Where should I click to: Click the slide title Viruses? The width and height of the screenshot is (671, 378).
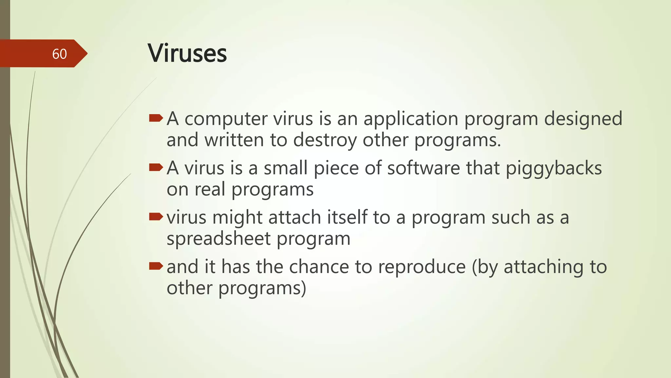187,53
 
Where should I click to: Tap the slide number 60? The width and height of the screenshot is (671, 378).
59,54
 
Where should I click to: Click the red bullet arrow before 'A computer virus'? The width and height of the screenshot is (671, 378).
156,118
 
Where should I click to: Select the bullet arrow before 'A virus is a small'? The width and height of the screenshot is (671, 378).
156,168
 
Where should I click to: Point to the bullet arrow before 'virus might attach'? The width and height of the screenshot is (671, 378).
156,217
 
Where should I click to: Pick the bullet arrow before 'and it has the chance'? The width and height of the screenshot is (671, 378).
156,266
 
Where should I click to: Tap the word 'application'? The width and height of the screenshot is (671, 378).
411,119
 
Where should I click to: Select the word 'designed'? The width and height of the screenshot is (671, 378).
583,119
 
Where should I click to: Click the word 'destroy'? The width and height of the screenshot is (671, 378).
324,140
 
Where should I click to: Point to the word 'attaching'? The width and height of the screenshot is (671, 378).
544,267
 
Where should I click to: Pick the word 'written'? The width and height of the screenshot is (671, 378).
234,140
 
